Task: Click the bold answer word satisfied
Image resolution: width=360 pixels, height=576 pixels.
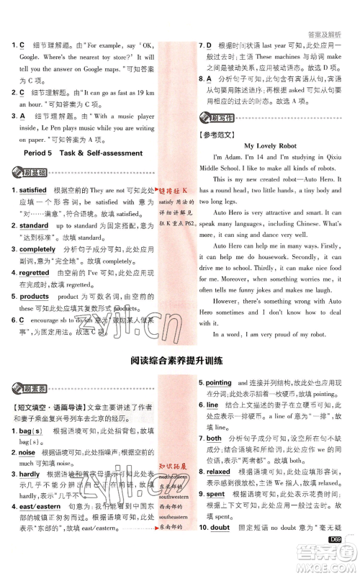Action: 33,190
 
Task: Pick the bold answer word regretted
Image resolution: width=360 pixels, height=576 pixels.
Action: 34,273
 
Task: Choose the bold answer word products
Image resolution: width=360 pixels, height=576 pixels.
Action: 34,296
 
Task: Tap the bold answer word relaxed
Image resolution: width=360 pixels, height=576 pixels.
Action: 218,472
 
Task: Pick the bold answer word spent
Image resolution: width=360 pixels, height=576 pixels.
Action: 215,495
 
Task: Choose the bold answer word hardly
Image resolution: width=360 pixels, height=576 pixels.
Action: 29,475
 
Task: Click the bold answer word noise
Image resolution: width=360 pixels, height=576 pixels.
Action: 27,452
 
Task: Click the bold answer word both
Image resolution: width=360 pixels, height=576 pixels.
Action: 214,438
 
